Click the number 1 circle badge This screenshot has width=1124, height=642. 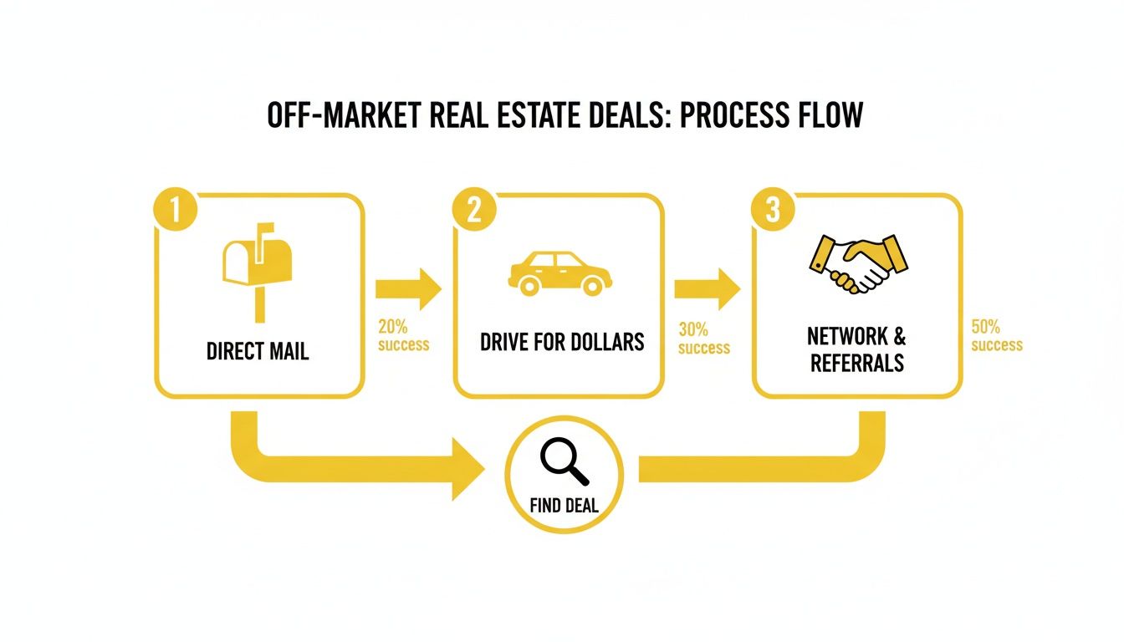point(175,211)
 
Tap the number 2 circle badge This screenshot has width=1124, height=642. point(473,211)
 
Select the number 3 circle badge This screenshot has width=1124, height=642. point(772,211)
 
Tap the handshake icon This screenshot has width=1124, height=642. point(859,262)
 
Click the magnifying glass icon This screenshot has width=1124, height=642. point(565,462)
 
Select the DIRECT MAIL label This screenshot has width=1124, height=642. point(258,350)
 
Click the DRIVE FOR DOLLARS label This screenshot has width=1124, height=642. point(562,341)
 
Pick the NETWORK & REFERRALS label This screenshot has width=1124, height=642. point(856,349)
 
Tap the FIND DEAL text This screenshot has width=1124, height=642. point(565,507)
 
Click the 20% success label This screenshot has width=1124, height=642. point(403,335)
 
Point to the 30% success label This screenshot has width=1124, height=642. point(703,339)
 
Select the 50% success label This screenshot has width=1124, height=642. point(997,335)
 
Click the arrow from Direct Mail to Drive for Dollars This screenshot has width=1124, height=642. point(408,289)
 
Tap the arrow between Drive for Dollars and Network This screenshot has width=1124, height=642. point(707,289)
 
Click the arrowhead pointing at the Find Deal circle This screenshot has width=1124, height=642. point(469,467)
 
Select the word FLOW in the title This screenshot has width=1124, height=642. point(829,115)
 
